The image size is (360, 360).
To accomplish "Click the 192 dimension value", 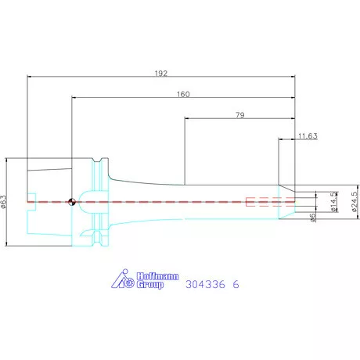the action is pyautogui.click(x=161, y=74).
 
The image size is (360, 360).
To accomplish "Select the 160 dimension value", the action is pyautogui.click(x=183, y=94).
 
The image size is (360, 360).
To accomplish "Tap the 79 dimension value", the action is pyautogui.click(x=240, y=115).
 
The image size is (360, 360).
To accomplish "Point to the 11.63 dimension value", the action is pyautogui.click(x=308, y=136).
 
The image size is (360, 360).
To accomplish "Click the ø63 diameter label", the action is pyautogui.click(x=4, y=202).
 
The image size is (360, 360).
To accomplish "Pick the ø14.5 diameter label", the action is pyautogui.click(x=334, y=202).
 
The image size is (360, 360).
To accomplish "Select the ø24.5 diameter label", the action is pyautogui.click(x=355, y=202).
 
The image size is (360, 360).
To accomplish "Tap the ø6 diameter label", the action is pyautogui.click(x=313, y=218).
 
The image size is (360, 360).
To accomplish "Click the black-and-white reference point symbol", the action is pyautogui.click(x=72, y=202).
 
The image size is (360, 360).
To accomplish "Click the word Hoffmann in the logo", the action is pyautogui.click(x=158, y=276).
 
